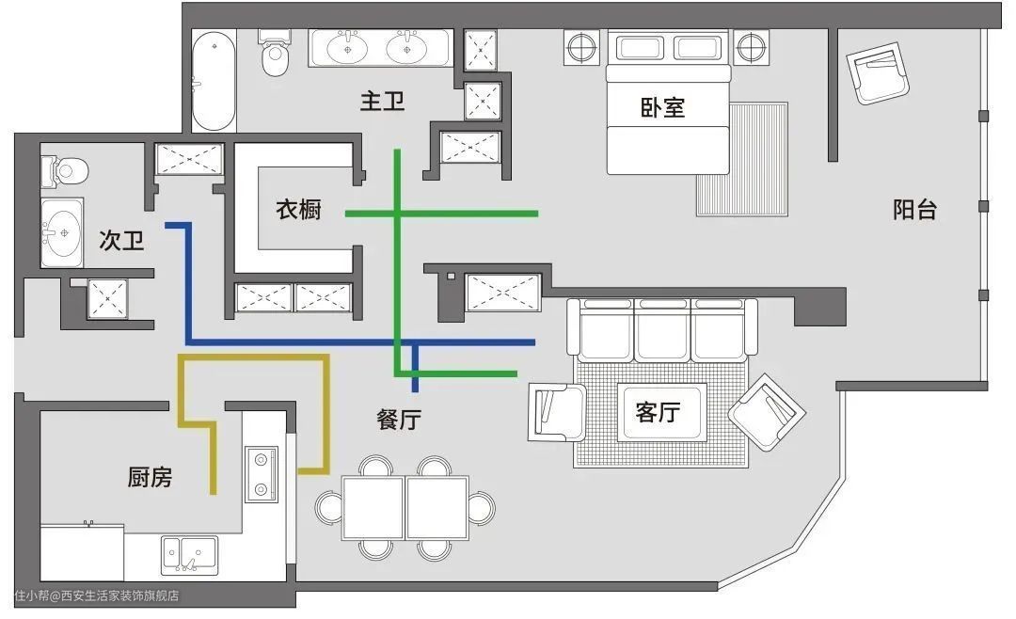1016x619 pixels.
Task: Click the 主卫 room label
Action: click(382, 101)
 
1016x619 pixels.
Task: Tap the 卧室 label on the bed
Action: click(662, 107)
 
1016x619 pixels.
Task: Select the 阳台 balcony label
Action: click(915, 210)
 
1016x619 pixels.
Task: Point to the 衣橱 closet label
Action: click(298, 210)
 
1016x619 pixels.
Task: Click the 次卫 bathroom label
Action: click(121, 241)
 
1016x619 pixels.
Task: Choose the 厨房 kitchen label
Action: click(150, 477)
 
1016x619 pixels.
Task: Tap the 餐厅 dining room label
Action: click(399, 420)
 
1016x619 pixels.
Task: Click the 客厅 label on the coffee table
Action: click(659, 412)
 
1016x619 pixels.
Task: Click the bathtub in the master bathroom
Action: click(214, 81)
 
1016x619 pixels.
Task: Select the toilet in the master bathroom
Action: click(276, 53)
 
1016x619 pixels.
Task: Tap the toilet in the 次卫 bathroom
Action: click(65, 171)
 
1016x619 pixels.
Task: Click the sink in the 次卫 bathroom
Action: click(62, 232)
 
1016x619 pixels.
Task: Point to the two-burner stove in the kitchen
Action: click(262, 474)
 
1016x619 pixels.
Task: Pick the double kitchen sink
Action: click(189, 555)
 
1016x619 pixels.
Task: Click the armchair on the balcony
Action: click(878, 72)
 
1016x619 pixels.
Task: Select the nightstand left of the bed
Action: click(582, 47)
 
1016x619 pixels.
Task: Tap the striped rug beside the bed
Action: click(742, 159)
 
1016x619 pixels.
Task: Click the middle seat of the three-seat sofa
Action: click(662, 329)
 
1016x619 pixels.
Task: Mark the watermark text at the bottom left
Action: click(97, 595)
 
